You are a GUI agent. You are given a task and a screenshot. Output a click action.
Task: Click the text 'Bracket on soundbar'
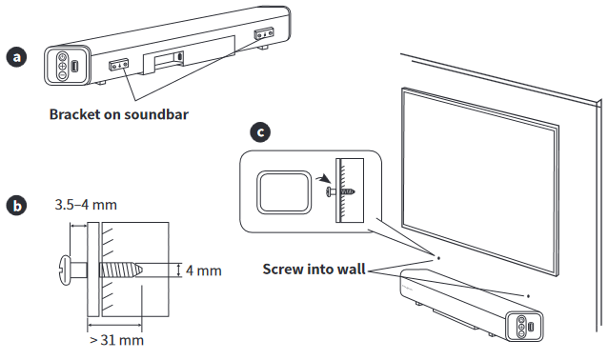119,115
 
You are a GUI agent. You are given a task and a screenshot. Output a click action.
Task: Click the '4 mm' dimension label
203,270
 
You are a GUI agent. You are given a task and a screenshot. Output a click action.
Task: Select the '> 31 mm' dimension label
118,339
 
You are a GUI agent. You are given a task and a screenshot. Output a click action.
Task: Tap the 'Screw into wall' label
315,269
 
